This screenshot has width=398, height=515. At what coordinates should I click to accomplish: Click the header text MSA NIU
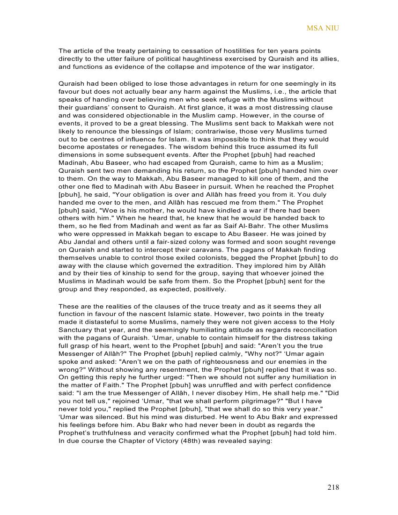coord(323,28)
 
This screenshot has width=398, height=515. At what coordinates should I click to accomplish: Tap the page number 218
coord(333,487)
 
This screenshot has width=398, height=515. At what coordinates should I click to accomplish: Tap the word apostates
coord(97,147)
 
